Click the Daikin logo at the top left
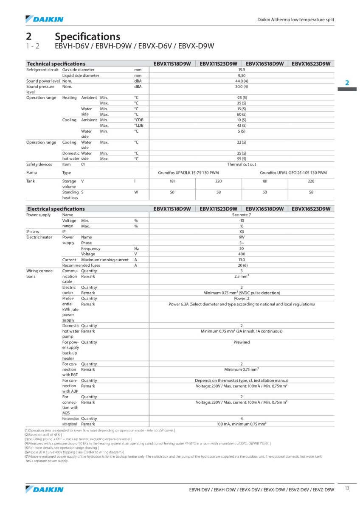click(x=45, y=19)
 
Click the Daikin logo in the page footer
click(x=45, y=489)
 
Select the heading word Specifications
click(x=87, y=37)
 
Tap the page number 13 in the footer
click(x=347, y=488)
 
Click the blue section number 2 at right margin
click(x=347, y=83)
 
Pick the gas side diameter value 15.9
click(x=242, y=70)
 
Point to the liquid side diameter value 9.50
click(x=242, y=75)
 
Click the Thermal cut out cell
click(x=242, y=164)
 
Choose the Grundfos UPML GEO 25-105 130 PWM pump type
click(x=293, y=173)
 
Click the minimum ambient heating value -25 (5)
click(x=242, y=98)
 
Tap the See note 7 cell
click(x=242, y=215)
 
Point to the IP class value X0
click(x=242, y=232)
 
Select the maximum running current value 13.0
click(x=242, y=260)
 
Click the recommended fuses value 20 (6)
click(x=242, y=265)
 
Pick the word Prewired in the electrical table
click(x=242, y=342)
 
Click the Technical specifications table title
click(x=56, y=64)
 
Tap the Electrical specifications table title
click(x=56, y=209)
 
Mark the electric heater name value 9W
click(x=242, y=237)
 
